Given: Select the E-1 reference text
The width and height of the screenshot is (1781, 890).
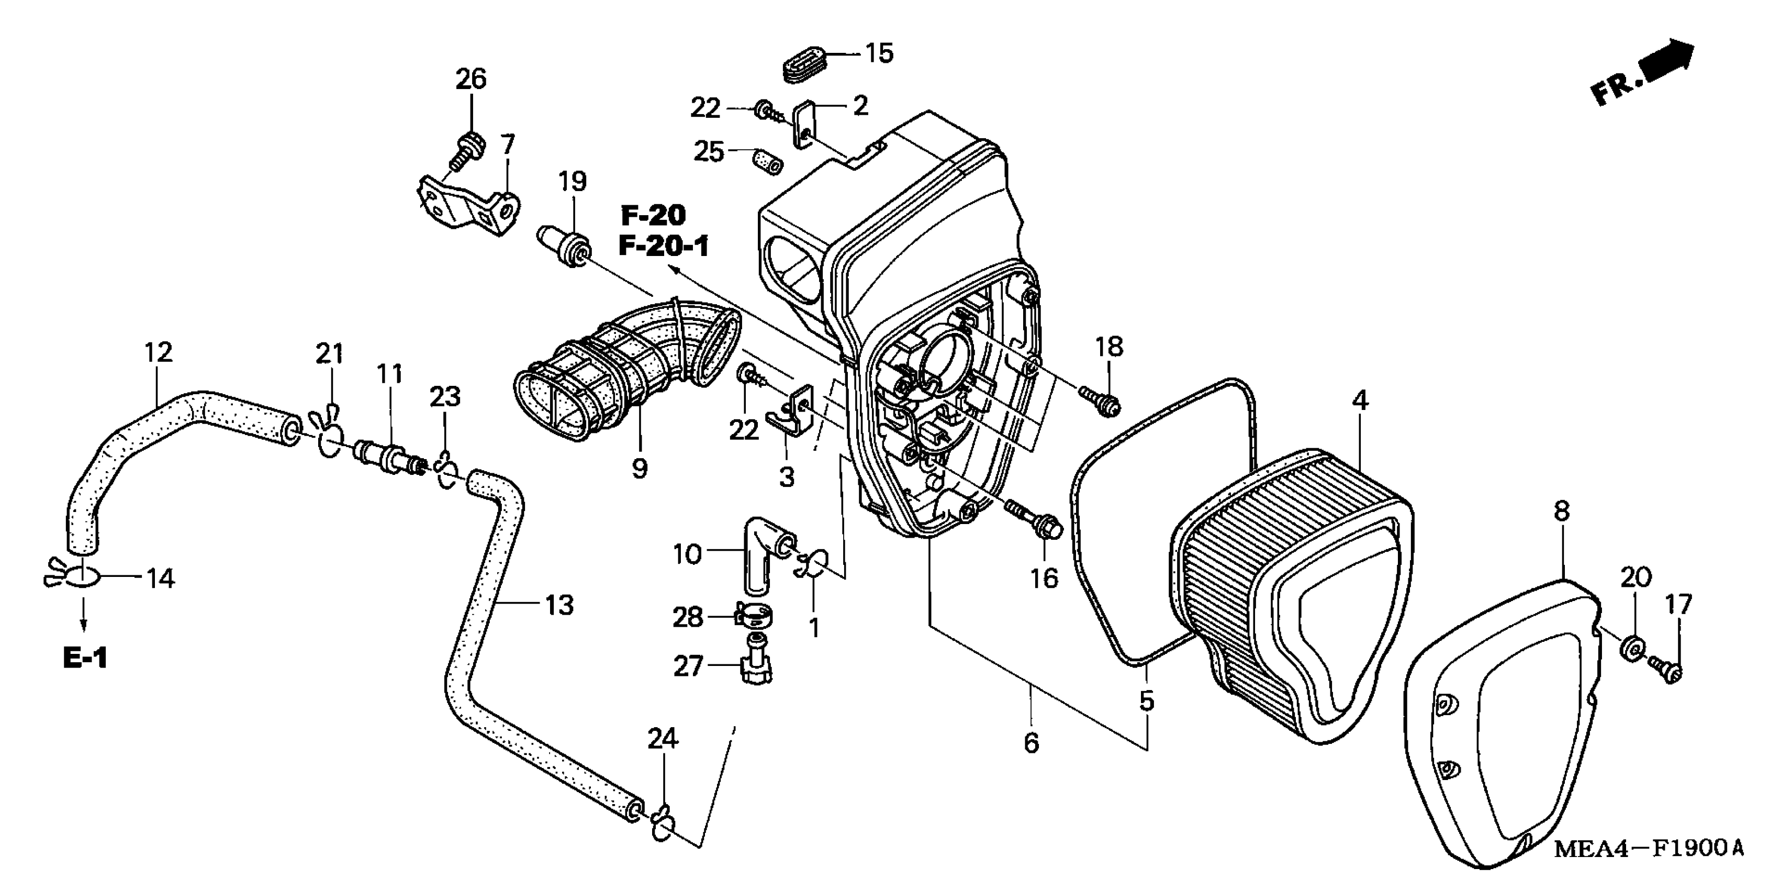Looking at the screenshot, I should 85,658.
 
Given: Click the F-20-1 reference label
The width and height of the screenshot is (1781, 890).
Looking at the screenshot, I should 664,246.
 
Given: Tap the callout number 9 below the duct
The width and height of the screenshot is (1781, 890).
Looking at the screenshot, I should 640,469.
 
